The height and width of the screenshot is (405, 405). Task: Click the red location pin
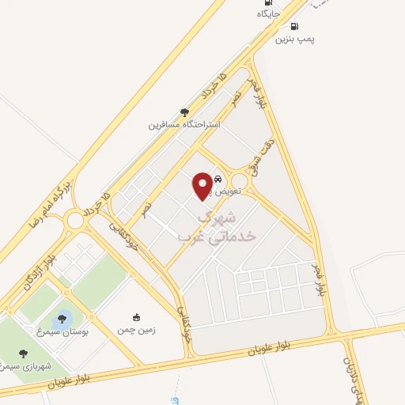(202, 185)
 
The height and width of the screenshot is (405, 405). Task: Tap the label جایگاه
(269, 13)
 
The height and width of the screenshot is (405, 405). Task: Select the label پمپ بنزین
(295, 39)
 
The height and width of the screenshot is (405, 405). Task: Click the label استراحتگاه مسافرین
(184, 124)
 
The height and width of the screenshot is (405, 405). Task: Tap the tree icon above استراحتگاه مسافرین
(185, 112)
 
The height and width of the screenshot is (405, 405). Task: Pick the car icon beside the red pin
(218, 180)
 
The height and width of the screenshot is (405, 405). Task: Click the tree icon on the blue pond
(62, 319)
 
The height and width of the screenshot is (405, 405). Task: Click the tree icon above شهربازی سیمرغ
(22, 354)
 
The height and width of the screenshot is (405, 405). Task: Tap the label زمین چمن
(136, 329)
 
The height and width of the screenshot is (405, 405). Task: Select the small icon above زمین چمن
(136, 317)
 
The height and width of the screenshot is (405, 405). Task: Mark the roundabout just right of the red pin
(239, 181)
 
